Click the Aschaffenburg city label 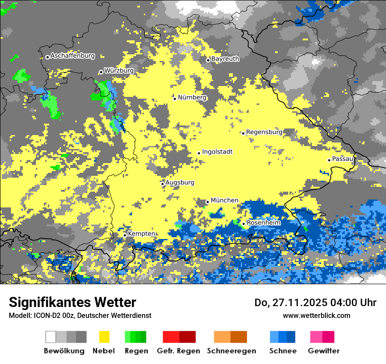tap(72, 56)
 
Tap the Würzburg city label tap(119, 71)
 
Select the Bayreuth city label tap(225, 59)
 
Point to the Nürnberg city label tap(192, 97)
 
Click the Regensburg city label tap(264, 132)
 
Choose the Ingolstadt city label tap(217, 152)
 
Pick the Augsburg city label tap(180, 182)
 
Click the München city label tap(225, 200)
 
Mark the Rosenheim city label tap(264, 223)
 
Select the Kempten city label tap(141, 234)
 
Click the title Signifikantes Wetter tap(72, 303)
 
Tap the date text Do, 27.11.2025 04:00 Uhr tap(315, 303)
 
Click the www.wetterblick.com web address tap(316, 315)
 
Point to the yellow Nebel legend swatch tap(104, 337)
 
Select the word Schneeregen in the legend tap(232, 351)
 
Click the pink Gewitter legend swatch tap(322, 337)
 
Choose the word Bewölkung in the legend tap(64, 351)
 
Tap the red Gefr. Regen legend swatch tap(179, 337)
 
